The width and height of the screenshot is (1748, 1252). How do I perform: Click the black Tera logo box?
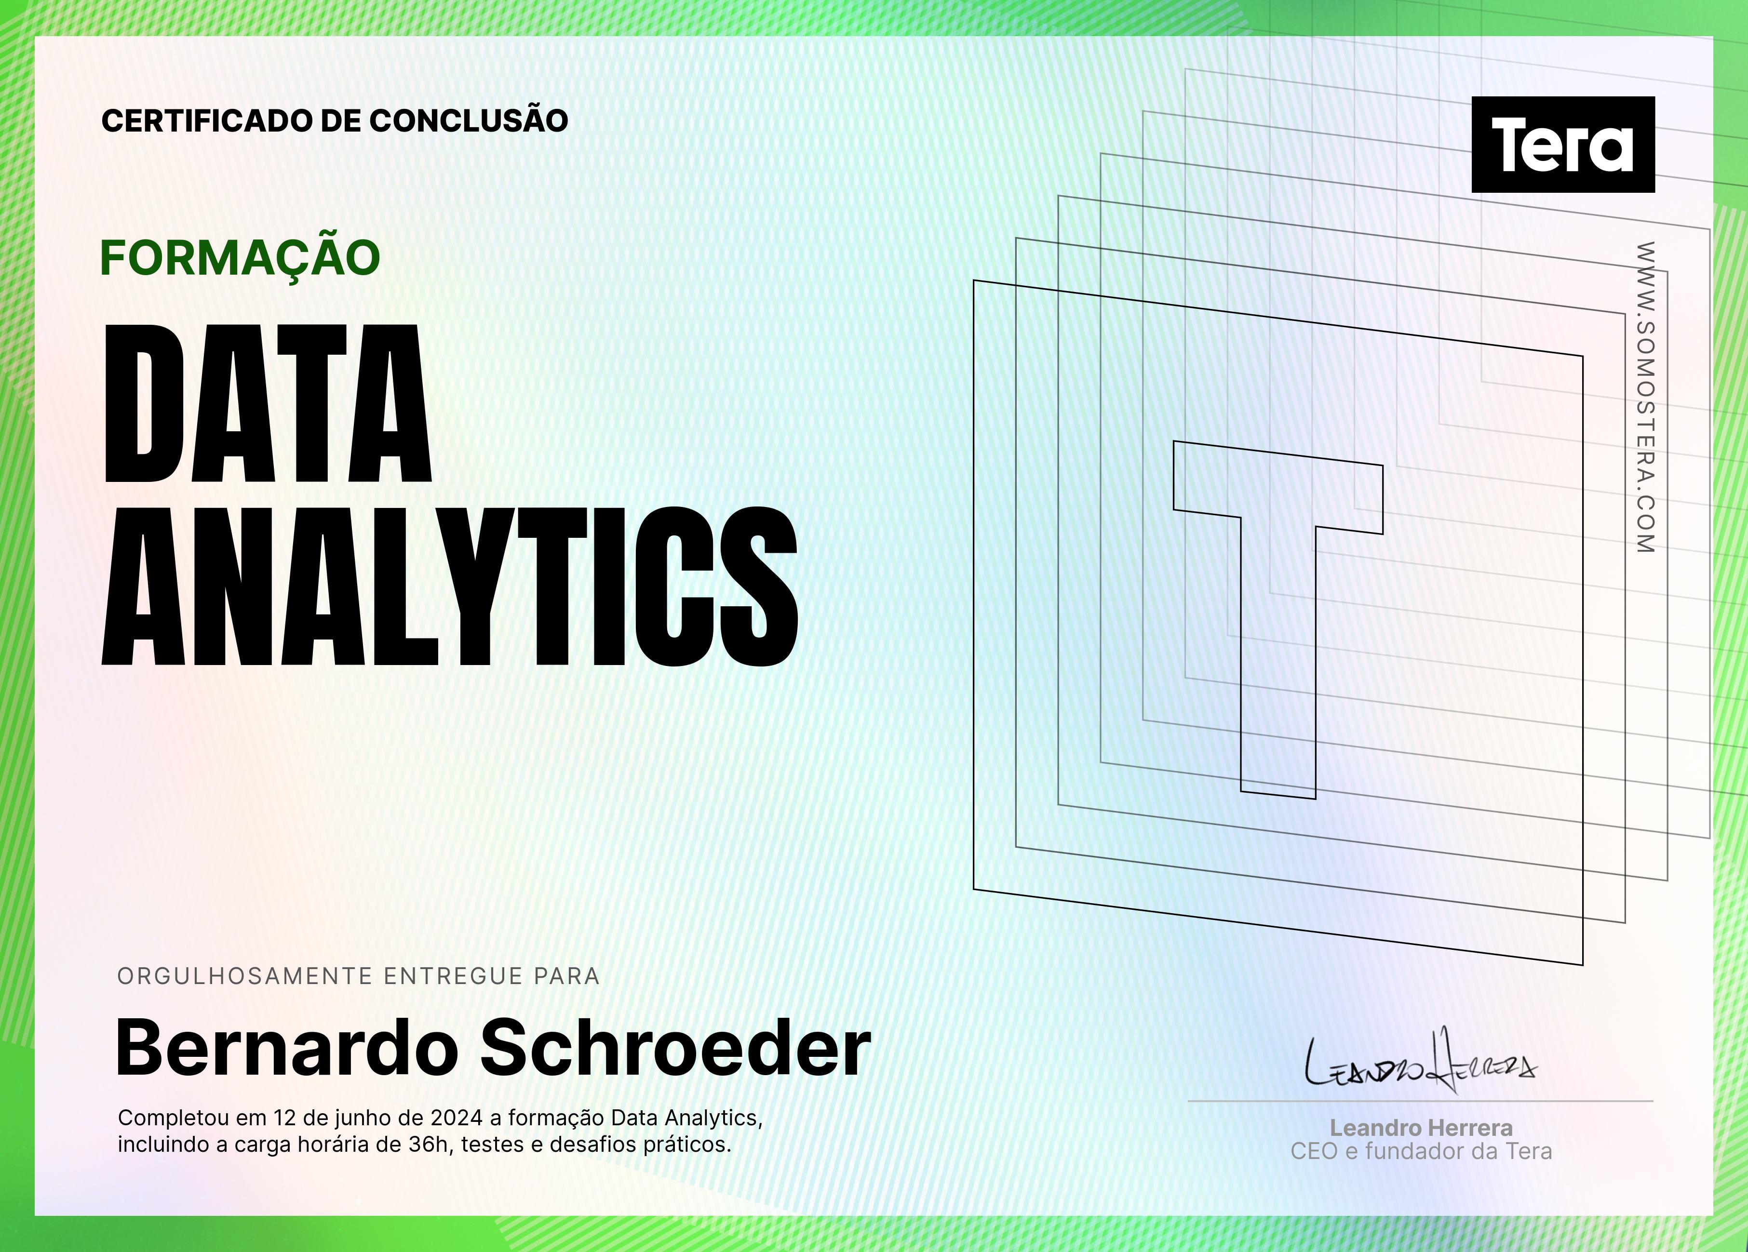(x=1563, y=144)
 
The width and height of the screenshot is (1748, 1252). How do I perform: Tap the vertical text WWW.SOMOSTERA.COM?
(x=1645, y=398)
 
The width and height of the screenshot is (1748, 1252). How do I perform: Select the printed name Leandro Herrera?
(x=1421, y=1128)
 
